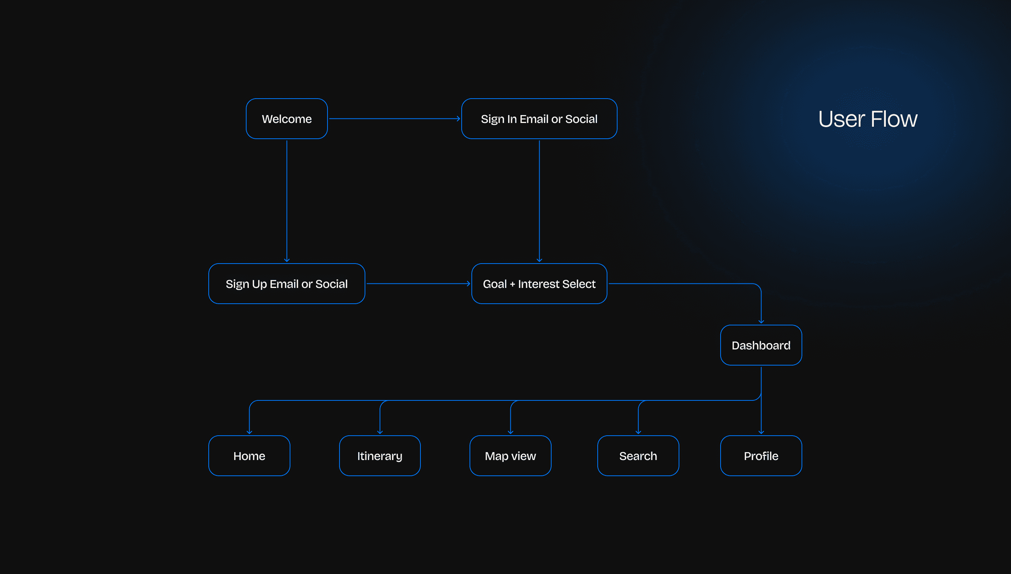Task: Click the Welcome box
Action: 286,119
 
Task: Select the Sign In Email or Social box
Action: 538,119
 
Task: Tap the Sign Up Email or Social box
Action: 286,283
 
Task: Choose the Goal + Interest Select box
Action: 538,283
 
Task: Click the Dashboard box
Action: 760,345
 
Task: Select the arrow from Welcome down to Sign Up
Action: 286,201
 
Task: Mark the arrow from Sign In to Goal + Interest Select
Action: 539,201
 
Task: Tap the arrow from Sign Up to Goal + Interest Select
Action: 418,283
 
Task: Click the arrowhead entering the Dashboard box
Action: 761,321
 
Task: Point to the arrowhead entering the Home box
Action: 249,432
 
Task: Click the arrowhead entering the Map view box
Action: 510,432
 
